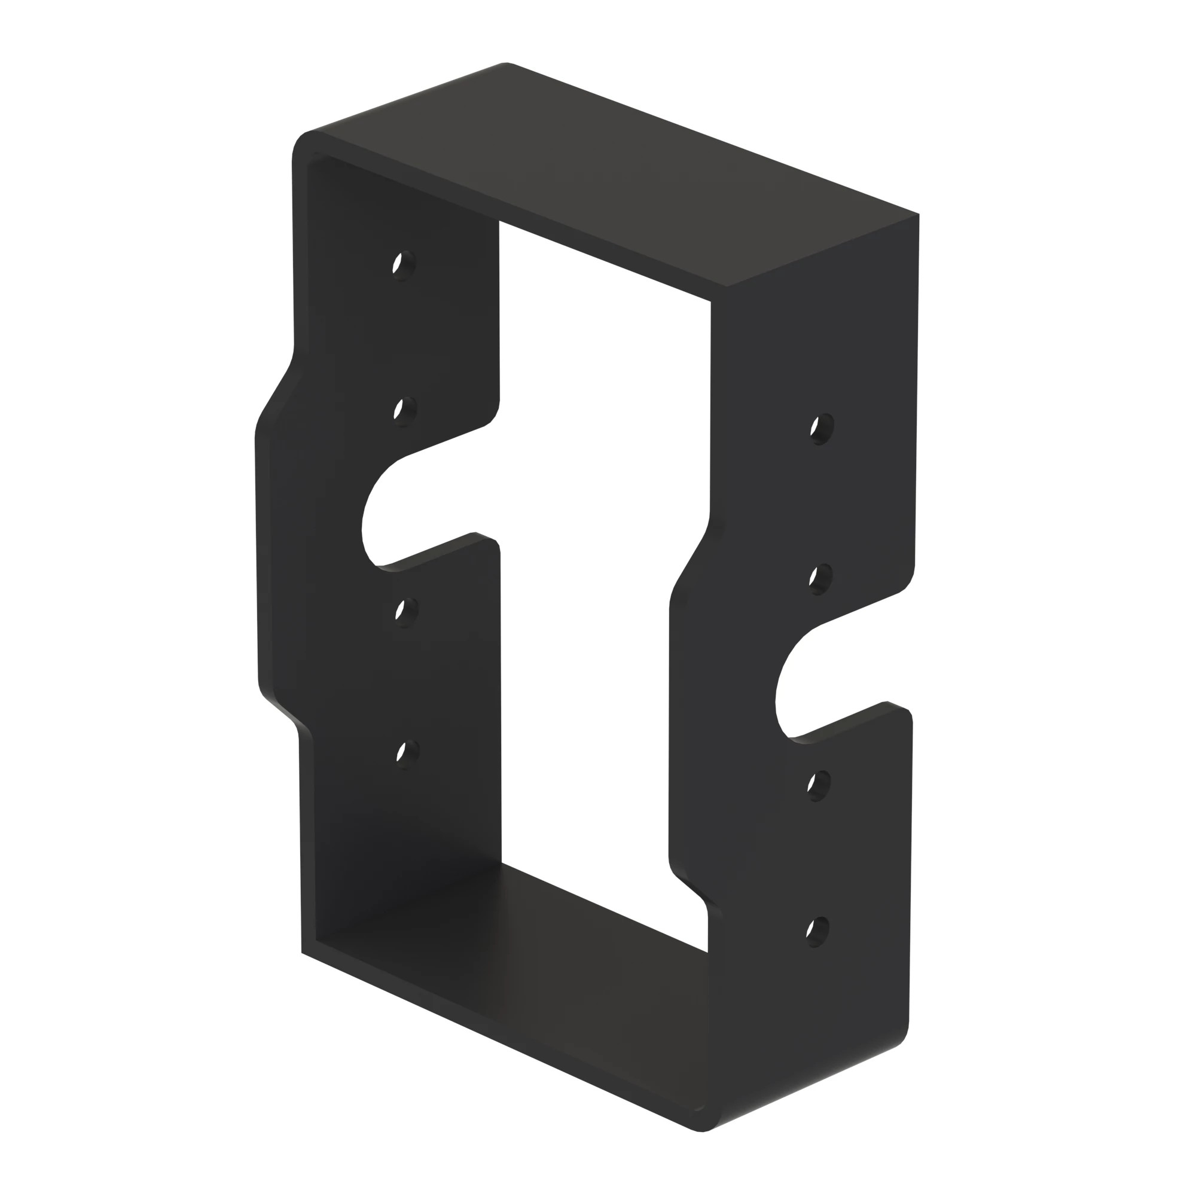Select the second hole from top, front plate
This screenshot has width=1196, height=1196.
[x=820, y=579]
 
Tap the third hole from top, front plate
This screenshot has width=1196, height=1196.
[x=819, y=785]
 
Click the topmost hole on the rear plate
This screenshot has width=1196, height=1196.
[x=404, y=266]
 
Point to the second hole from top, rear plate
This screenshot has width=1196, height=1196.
[x=405, y=410]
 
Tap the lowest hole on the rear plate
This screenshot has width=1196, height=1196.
[x=407, y=753]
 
